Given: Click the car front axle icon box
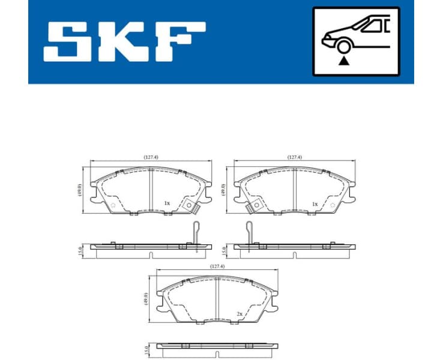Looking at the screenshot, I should click(x=355, y=41).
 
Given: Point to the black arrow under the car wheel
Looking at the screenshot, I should click(x=344, y=60).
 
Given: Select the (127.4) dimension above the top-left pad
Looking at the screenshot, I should click(x=151, y=157).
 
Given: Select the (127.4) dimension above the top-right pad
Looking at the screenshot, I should click(x=294, y=157).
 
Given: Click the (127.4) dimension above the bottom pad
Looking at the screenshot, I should click(x=217, y=266).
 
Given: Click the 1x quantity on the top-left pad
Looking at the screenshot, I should click(x=167, y=203).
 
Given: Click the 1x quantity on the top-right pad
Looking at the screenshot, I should click(x=315, y=203).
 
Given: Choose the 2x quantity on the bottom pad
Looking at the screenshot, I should click(x=240, y=313).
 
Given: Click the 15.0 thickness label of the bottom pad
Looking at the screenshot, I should click(x=146, y=349).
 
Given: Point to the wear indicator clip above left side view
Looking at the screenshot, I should click(x=194, y=231).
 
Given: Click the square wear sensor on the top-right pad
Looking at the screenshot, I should click(x=251, y=207).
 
